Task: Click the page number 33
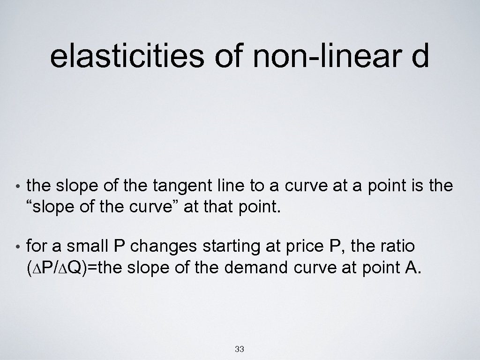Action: click(240, 349)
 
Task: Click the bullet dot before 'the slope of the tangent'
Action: click(17, 187)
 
